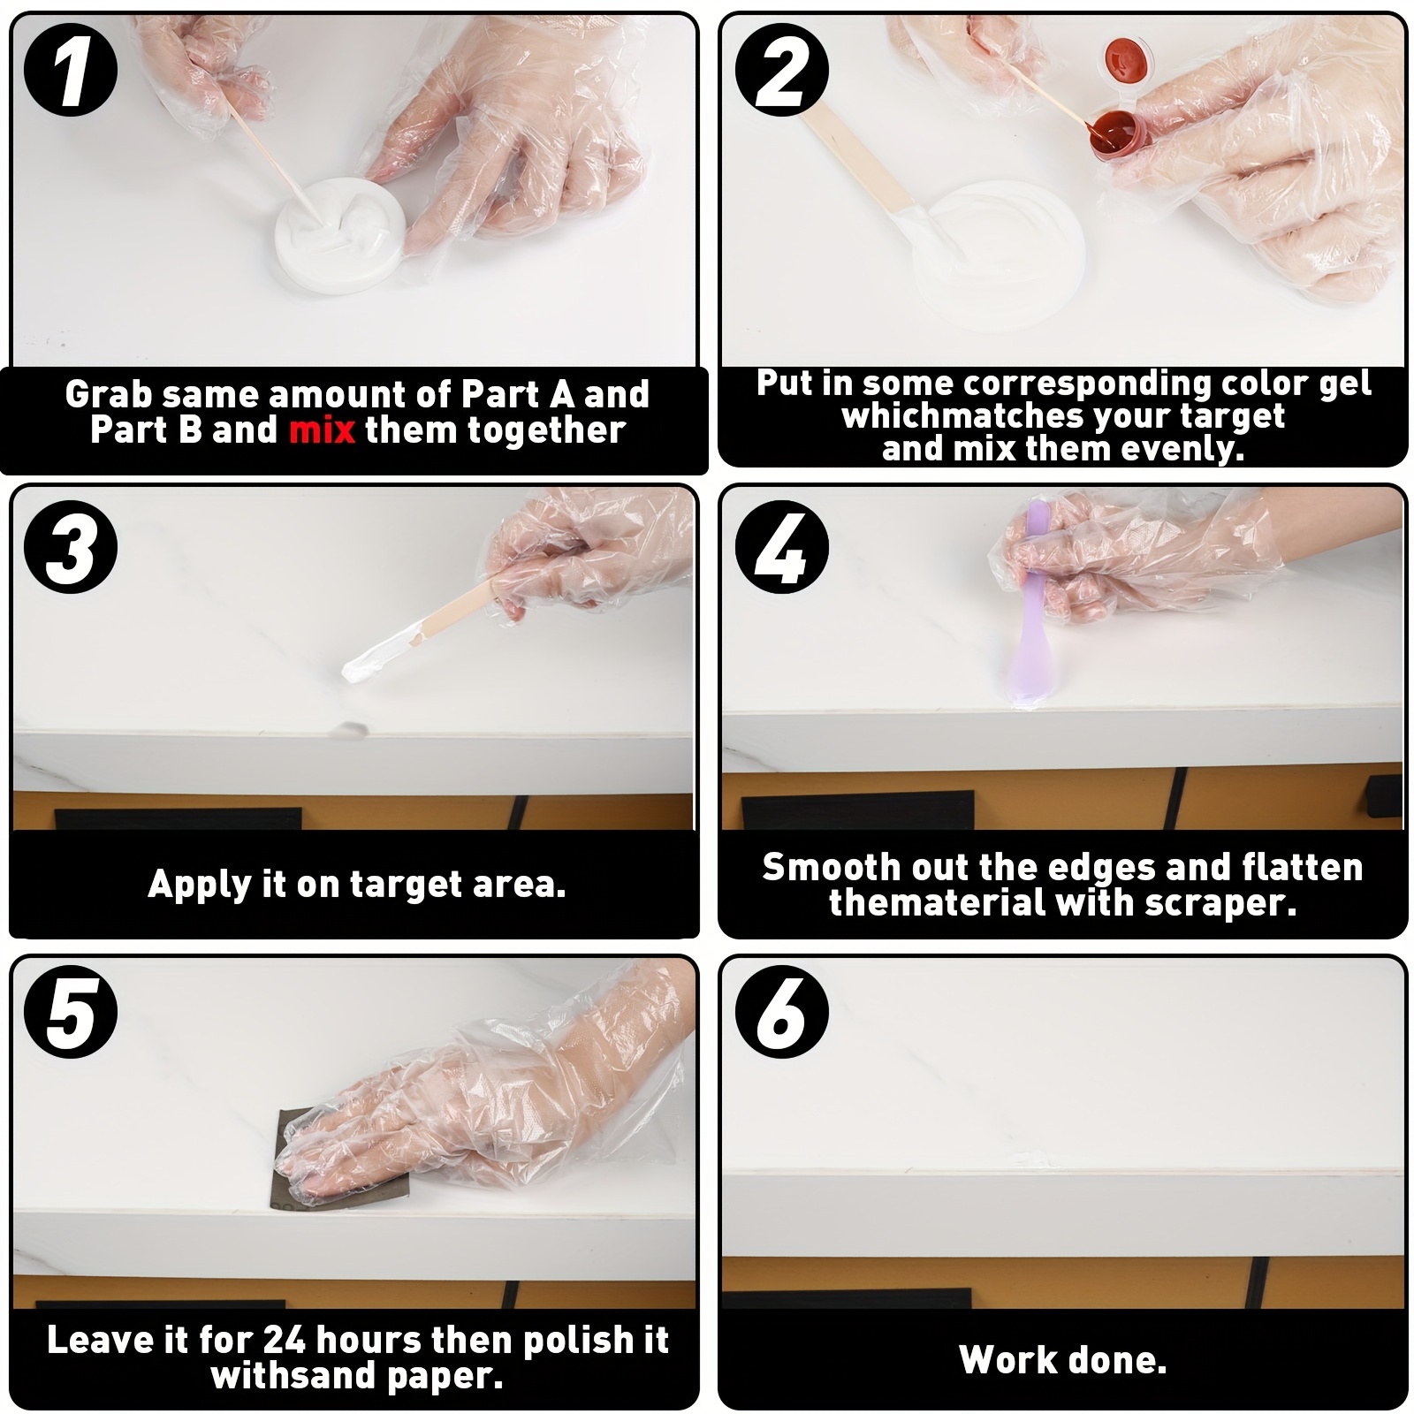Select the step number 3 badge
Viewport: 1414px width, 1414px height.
point(71,547)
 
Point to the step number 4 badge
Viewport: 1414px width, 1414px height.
point(782,547)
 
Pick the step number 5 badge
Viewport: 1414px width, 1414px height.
point(71,1013)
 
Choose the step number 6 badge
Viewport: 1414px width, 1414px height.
point(782,1013)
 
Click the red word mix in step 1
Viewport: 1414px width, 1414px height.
point(322,430)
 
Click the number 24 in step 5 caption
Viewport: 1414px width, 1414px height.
point(284,1340)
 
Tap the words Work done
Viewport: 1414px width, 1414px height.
point(1062,1359)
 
